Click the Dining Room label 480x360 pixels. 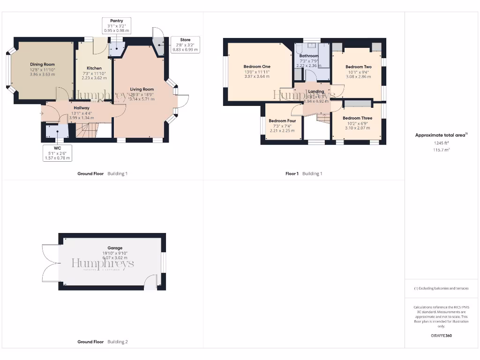43,64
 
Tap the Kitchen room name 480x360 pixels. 94,68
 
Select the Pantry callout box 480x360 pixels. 117,25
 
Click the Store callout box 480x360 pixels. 185,45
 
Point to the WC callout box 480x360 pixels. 57,153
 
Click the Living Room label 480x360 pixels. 142,89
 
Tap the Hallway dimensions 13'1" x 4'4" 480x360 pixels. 81,112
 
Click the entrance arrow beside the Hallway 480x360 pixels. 42,113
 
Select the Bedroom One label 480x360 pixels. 257,67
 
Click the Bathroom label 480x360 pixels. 309,56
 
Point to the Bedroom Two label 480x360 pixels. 359,67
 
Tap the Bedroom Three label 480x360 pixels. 357,118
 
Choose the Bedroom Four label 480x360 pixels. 282,121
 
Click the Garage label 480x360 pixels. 115,248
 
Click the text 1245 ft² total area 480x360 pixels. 441,143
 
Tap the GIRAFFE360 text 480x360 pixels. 441,336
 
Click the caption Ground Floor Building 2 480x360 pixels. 102,342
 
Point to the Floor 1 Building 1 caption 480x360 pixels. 304,173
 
